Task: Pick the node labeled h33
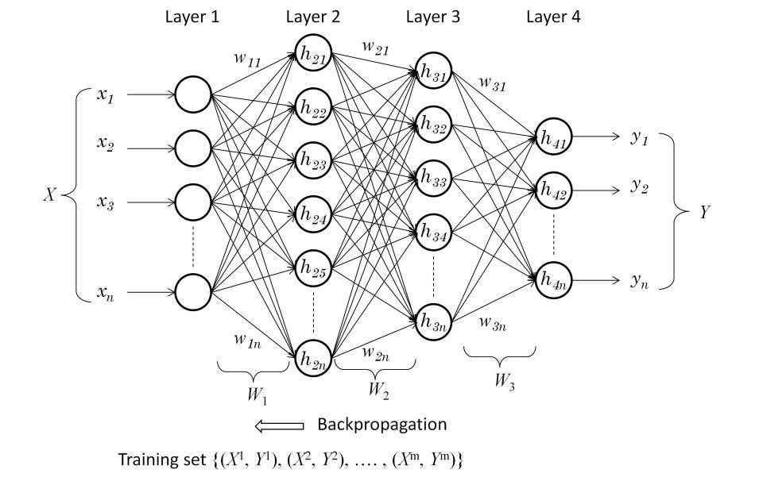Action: pyautogui.click(x=433, y=180)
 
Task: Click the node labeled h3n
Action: pyautogui.click(x=433, y=323)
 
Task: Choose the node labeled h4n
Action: pyautogui.click(x=554, y=280)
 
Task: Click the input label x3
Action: pyautogui.click(x=105, y=203)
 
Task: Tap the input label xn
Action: pyautogui.click(x=105, y=294)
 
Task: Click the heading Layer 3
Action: pyautogui.click(x=432, y=16)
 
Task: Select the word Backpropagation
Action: pyautogui.click(x=381, y=425)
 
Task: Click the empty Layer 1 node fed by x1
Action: pyautogui.click(x=192, y=95)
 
